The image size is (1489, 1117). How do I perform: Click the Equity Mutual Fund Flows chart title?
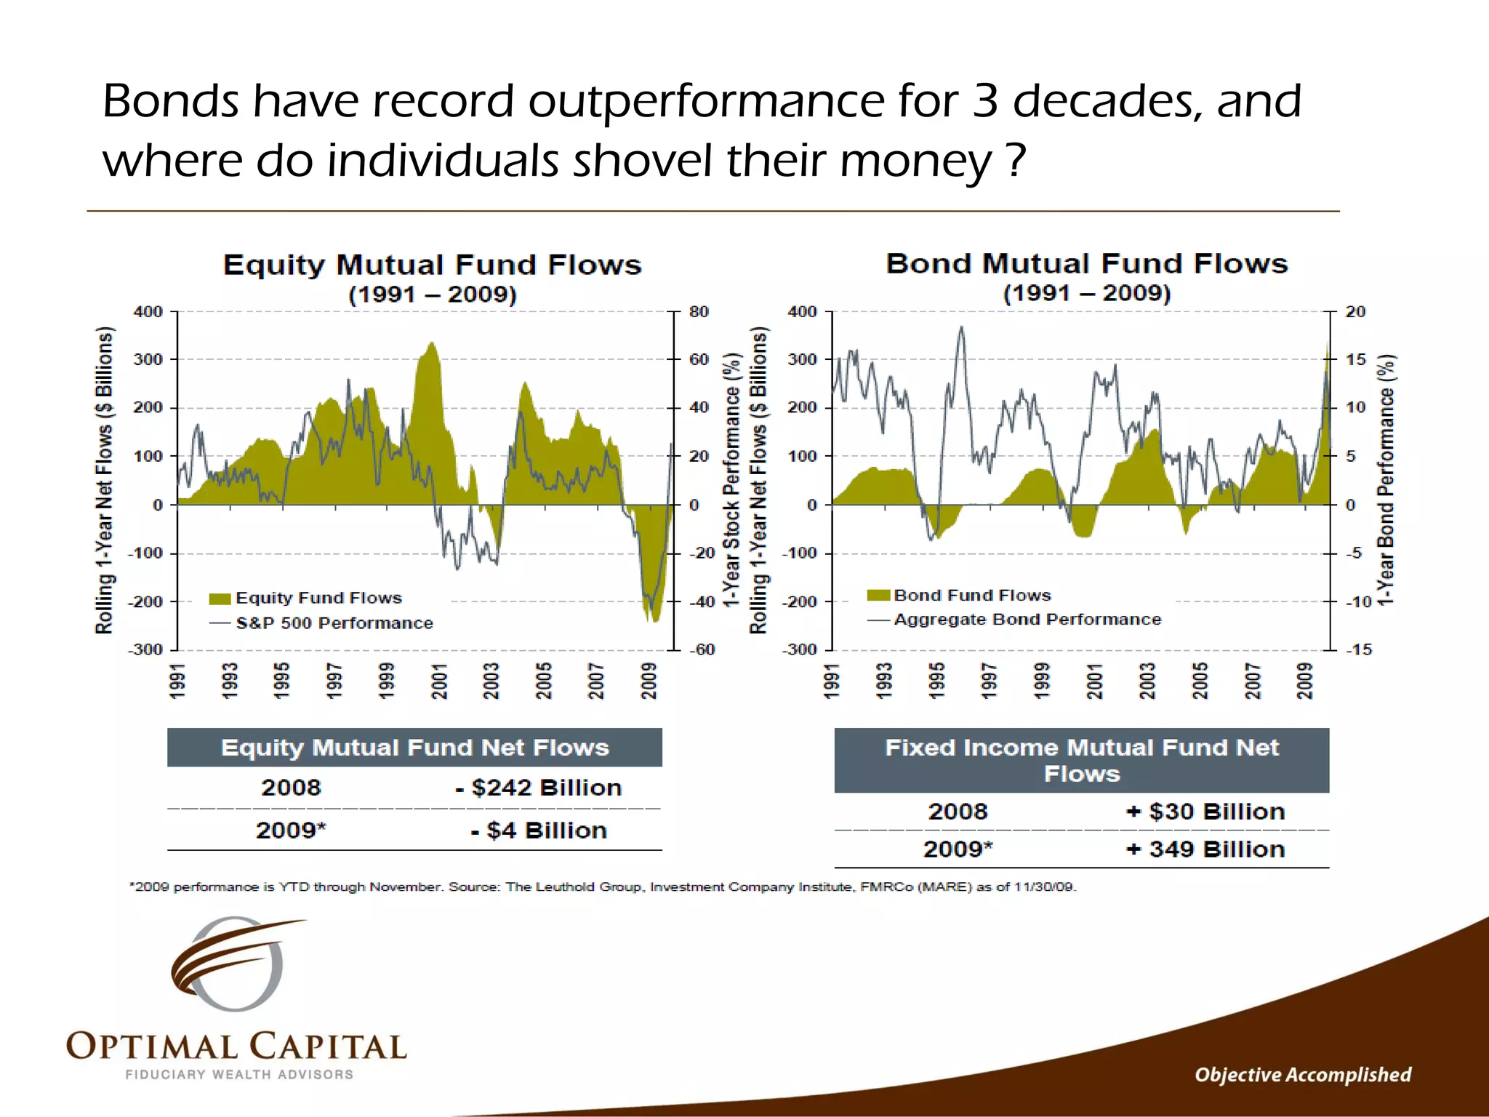[432, 265]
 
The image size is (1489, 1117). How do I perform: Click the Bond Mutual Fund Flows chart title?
[1086, 263]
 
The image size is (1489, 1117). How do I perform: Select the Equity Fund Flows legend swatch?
[220, 598]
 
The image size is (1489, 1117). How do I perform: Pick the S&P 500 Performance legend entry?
[334, 623]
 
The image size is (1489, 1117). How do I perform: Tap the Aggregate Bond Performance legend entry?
[1027, 620]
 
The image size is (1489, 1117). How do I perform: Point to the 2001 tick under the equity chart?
[439, 681]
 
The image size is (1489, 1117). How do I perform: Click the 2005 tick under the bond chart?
[1200, 681]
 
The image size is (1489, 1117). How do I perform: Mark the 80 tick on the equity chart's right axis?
[698, 312]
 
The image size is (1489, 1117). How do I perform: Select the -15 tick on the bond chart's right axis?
[1358, 649]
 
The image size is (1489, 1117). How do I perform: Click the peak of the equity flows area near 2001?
[433, 343]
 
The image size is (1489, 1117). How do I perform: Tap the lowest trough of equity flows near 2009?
[654, 620]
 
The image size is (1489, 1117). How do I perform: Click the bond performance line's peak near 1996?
[961, 328]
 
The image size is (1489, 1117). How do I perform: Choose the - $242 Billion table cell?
[538, 788]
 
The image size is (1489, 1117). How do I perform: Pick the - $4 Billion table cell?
[538, 830]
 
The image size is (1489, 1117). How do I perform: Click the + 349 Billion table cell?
[1205, 849]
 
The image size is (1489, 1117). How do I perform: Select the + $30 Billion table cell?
[1205, 812]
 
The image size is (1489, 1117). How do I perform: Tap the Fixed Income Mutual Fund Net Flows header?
[1081, 760]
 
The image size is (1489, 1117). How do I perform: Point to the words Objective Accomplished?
[1302, 1075]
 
